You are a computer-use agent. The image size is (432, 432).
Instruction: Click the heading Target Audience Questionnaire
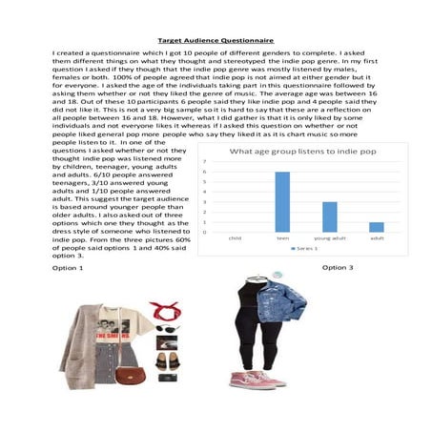click(x=216, y=42)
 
